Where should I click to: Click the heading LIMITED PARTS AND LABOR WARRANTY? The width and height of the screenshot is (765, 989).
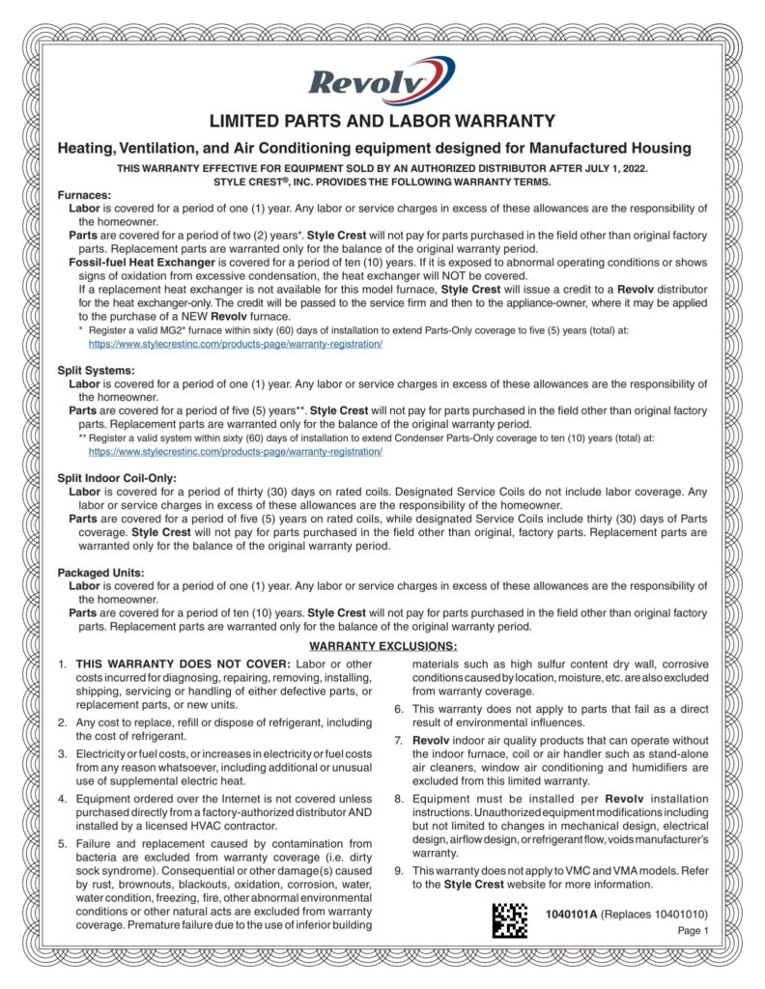[382, 122]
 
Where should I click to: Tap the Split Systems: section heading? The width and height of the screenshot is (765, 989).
[96, 371]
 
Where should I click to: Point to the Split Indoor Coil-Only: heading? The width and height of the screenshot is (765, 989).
[117, 478]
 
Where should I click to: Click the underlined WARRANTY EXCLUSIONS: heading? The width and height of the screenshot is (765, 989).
[382, 645]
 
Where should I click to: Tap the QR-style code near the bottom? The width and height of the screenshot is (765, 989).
[510, 919]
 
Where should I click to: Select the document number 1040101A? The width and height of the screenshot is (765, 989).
[571, 914]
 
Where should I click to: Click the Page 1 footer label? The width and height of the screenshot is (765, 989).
[694, 931]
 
